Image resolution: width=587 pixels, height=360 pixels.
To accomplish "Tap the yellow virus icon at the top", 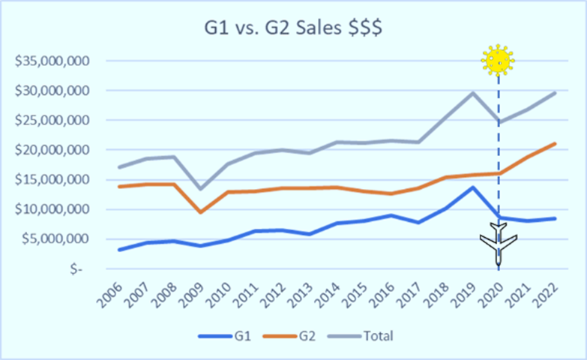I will click(499, 59).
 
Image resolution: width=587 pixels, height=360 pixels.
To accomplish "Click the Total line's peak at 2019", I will click(472, 93).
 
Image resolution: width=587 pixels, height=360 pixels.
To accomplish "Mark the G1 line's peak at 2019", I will click(472, 187).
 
